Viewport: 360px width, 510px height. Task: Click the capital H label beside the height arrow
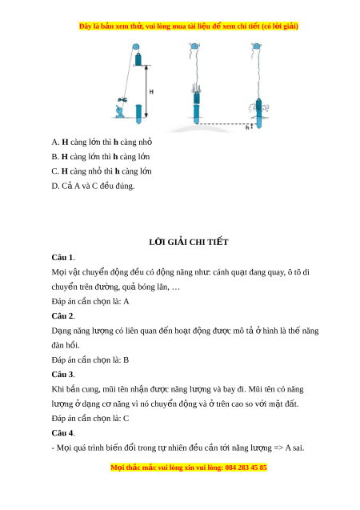151,92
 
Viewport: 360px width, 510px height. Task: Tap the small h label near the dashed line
247,127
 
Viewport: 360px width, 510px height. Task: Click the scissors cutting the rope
122,99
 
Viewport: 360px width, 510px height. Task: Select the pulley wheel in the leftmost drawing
136,46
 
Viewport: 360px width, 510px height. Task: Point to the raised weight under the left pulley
138,59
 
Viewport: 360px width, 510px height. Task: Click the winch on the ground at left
119,111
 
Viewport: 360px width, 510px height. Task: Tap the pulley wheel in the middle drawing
194,46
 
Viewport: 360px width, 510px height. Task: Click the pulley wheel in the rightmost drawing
256,46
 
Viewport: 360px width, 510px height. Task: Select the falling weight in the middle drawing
197,98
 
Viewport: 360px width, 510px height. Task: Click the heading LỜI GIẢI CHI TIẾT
189,242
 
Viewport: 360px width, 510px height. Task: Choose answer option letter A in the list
55,143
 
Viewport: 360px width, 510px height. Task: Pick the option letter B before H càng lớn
55,157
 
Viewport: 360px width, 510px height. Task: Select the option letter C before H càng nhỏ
55,171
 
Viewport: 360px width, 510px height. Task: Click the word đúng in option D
126,186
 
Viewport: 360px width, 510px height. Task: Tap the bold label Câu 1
63,258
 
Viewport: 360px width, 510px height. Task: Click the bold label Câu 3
63,375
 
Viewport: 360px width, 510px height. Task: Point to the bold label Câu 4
63,433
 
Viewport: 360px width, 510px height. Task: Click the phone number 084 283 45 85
246,468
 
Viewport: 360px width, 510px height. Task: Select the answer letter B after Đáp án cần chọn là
126,360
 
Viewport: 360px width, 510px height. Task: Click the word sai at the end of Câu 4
298,448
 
